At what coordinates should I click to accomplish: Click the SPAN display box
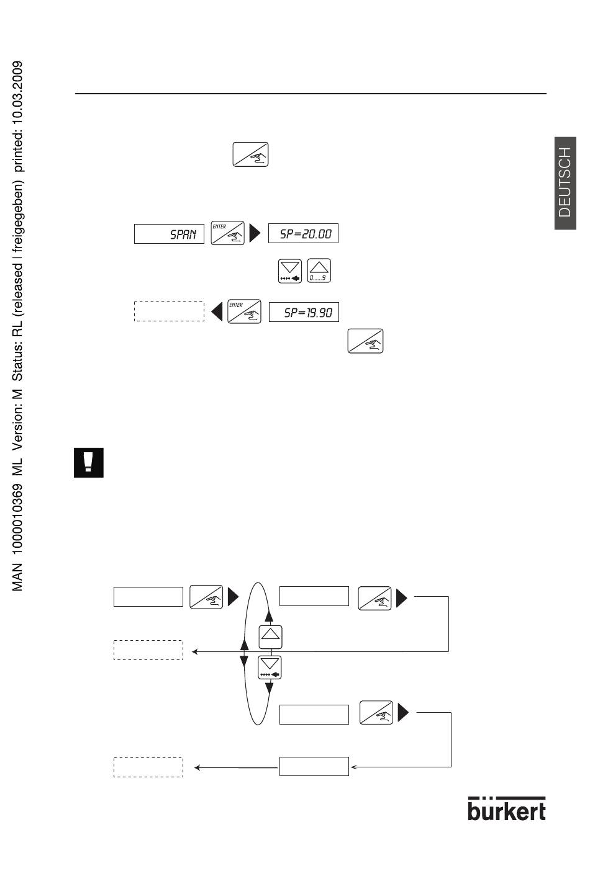[x=169, y=234]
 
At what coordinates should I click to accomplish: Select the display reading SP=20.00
[x=303, y=233]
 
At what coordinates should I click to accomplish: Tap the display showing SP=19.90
[x=304, y=312]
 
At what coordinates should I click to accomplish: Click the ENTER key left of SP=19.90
[x=244, y=311]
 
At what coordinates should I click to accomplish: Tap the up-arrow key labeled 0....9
[x=319, y=270]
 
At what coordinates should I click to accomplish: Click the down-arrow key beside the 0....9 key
[x=290, y=271]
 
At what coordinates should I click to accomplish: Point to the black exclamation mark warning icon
[x=89, y=462]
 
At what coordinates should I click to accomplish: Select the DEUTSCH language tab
[x=565, y=183]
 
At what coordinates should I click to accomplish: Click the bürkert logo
[x=507, y=809]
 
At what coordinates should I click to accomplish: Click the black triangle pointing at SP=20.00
[x=255, y=233]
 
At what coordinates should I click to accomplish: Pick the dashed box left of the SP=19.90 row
[x=169, y=311]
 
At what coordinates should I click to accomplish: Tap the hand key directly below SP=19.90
[x=365, y=341]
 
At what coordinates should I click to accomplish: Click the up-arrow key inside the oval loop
[x=270, y=636]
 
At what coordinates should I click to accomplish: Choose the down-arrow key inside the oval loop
[x=270, y=667]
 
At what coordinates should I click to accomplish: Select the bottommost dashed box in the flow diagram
[x=148, y=767]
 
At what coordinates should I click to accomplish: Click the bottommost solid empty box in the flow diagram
[x=314, y=766]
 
